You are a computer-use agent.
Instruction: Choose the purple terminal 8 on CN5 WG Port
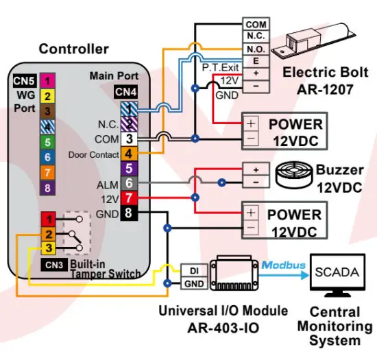47,187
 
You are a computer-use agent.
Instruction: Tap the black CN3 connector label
55,264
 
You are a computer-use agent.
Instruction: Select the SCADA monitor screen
336,272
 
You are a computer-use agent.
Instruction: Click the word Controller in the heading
73,49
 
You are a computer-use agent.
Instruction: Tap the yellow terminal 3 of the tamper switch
50,248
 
